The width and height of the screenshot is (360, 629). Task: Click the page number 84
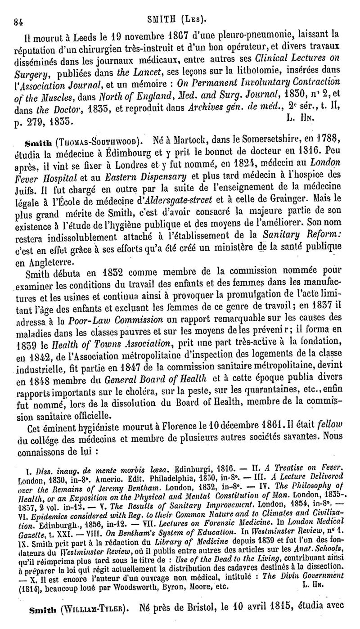pos(18,20)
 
